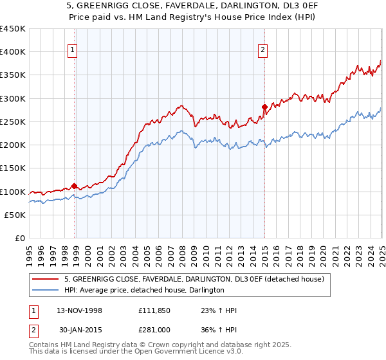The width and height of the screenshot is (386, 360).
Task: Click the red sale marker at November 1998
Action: [75, 186]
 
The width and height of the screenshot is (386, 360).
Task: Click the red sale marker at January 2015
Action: [264, 107]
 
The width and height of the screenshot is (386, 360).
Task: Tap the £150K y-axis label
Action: [13, 168]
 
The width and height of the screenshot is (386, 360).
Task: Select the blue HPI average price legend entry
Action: [144, 290]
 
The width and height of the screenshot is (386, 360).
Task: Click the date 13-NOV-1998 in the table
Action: [80, 310]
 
